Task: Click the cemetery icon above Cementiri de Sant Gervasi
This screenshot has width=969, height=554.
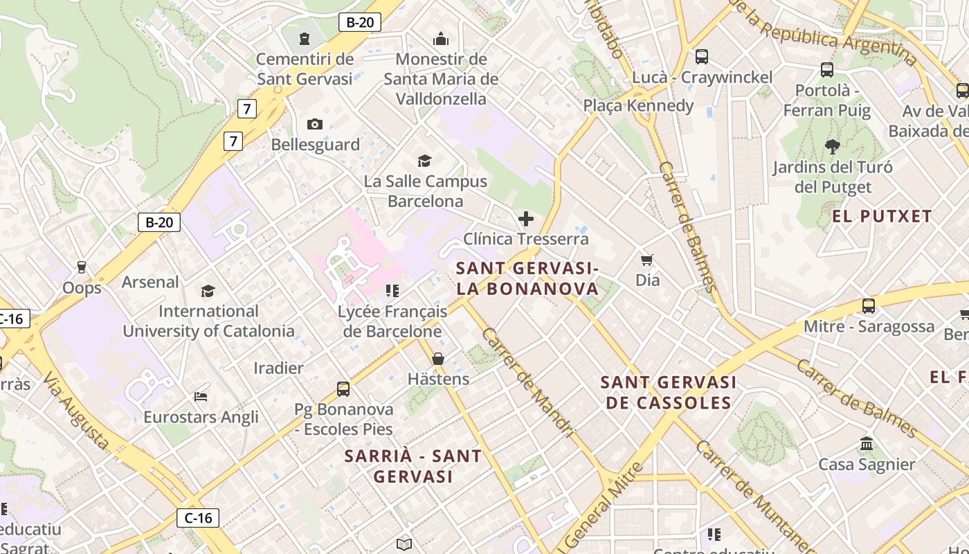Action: pos(305,38)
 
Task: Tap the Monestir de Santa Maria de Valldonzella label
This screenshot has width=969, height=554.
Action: pos(441,79)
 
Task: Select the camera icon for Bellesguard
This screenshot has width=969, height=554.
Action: pos(315,125)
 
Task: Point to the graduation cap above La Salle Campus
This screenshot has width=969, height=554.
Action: pos(424,161)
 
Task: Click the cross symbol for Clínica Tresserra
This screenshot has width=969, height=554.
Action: pos(526,220)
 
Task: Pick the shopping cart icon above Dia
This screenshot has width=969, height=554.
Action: pos(647,260)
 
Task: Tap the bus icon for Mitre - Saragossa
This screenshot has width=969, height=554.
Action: pos(869,306)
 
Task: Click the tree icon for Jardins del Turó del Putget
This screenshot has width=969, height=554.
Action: pos(833,147)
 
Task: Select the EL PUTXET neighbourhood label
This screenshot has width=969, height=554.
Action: pos(882,216)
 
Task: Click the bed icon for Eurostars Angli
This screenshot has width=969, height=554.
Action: pos(201,397)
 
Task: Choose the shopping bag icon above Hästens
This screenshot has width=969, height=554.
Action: pos(438,359)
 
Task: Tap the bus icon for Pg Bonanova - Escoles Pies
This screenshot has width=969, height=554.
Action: pos(343,389)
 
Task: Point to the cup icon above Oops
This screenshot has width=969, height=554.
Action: pos(82,267)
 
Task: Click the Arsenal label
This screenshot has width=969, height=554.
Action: pos(150,282)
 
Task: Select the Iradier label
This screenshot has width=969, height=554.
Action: pos(278,368)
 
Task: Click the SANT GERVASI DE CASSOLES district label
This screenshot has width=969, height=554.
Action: pos(668,393)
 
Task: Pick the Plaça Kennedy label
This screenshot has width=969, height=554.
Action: pos(638,105)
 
